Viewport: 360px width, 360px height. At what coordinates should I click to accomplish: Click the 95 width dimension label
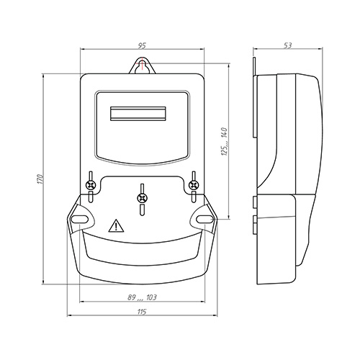point(142,45)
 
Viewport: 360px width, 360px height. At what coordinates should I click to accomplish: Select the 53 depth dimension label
point(287,45)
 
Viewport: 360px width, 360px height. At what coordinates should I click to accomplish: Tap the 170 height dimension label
point(41,179)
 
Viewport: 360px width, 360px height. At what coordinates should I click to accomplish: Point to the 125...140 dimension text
point(224,142)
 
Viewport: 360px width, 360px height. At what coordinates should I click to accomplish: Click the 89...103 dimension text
point(142,297)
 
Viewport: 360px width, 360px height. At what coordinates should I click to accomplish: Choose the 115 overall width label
point(142,312)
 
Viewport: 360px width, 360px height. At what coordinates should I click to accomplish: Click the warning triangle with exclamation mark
point(116,225)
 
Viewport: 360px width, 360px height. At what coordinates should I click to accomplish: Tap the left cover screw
point(91,185)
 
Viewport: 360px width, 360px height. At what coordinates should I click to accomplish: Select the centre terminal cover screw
point(142,198)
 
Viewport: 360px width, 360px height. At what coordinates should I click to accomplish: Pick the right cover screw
point(194,185)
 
